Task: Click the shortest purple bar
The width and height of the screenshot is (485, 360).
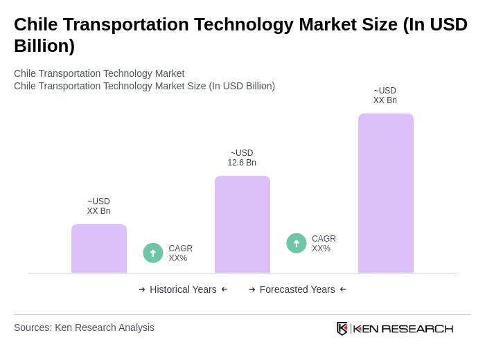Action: pos(99,249)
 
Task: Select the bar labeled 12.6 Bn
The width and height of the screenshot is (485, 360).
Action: pos(242,224)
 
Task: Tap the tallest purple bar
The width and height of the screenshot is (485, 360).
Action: pos(385,193)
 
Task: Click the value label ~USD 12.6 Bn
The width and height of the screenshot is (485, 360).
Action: pos(242,158)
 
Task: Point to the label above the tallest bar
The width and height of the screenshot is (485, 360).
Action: pos(385,96)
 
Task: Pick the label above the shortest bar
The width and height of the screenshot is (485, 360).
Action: pos(99,206)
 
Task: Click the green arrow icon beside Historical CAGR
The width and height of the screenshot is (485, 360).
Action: pos(153,253)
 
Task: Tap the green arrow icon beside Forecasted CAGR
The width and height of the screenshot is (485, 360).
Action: pos(297,243)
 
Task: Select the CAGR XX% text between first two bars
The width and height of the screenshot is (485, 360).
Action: pos(180,253)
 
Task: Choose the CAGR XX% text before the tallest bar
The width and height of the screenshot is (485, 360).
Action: pos(324,244)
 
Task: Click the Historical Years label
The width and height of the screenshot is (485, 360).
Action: pos(183,289)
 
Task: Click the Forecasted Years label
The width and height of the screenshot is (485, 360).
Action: pos(297,289)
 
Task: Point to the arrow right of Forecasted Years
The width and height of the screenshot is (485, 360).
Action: pos(343,289)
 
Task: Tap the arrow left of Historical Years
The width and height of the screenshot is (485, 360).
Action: pos(142,289)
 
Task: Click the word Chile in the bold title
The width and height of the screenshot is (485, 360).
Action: pos(35,24)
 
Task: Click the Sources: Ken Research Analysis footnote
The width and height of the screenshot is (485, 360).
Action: pos(84,327)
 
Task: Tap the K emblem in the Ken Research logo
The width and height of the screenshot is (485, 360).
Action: pos(342,328)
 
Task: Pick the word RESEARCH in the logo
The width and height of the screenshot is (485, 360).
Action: pos(417,328)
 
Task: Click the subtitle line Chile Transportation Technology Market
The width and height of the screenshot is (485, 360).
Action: pos(99,73)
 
